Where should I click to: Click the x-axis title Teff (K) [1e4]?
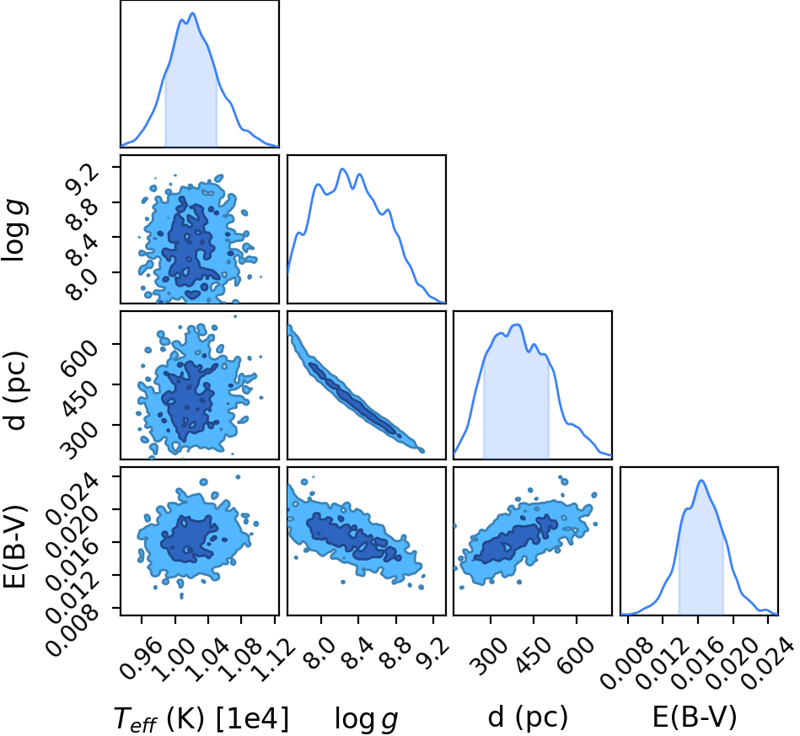pyautogui.click(x=201, y=718)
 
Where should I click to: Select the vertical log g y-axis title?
pyautogui.click(x=15, y=231)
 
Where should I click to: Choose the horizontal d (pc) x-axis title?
pyautogui.click(x=528, y=717)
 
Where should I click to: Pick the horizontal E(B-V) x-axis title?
pyautogui.click(x=695, y=717)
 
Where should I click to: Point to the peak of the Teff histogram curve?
pyautogui.click(x=192, y=13)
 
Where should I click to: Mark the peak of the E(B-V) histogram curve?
pyautogui.click(x=701, y=481)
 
